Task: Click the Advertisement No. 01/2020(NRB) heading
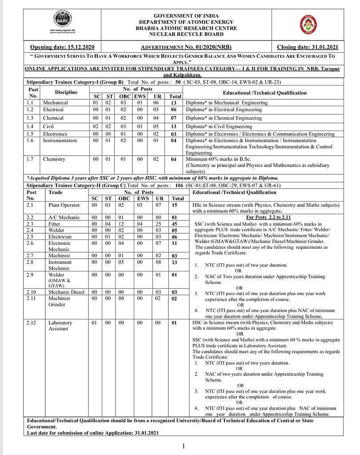186,47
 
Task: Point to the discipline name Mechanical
56,103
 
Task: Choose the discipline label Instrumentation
60,140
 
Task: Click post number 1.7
30,159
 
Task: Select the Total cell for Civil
174,127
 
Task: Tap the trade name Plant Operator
64,205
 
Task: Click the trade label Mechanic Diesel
66,292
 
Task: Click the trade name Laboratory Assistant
60,326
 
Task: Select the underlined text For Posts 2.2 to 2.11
268,217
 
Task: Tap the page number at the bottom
183,446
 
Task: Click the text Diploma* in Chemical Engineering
224,118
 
